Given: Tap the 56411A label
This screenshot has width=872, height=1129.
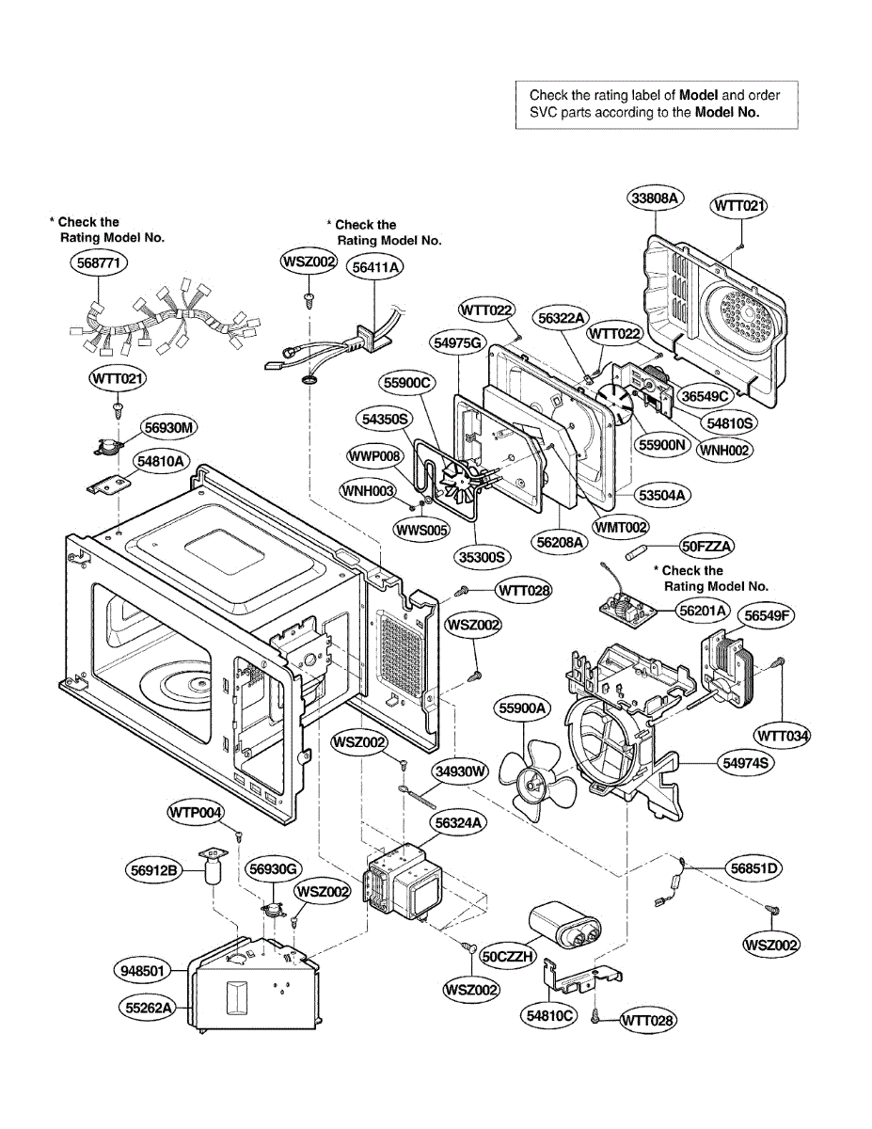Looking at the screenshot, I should pyautogui.click(x=375, y=267).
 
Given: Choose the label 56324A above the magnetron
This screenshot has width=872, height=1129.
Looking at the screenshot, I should pyautogui.click(x=459, y=822).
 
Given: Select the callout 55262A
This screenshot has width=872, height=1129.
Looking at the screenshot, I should pyautogui.click(x=150, y=1008).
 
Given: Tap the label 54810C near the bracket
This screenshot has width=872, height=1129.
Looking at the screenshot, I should pyautogui.click(x=546, y=1016).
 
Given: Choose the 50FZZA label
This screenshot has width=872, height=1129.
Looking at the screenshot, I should pyautogui.click(x=707, y=546).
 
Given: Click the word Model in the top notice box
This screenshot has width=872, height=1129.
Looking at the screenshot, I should pyautogui.click(x=698, y=95).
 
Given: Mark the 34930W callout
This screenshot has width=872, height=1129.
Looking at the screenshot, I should pyautogui.click(x=461, y=771).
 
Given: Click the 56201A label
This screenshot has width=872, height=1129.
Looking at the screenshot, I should pyautogui.click(x=704, y=612).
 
